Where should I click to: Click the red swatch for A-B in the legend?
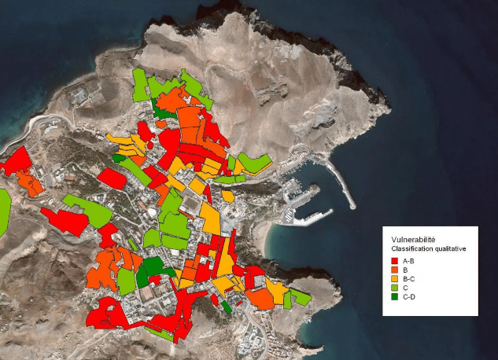point(394,260)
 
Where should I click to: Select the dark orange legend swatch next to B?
point(394,270)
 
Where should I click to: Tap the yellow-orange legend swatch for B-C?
point(394,279)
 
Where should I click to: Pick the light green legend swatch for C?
point(394,288)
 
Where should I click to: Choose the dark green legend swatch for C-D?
point(394,297)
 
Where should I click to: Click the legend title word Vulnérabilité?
point(413,240)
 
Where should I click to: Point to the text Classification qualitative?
point(429,248)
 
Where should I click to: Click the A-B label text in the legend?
point(408,260)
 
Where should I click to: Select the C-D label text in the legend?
point(408,297)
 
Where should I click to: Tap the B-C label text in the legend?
point(408,279)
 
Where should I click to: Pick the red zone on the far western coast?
point(16,160)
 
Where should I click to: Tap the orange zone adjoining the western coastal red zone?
point(31,185)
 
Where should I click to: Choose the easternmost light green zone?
point(300,297)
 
